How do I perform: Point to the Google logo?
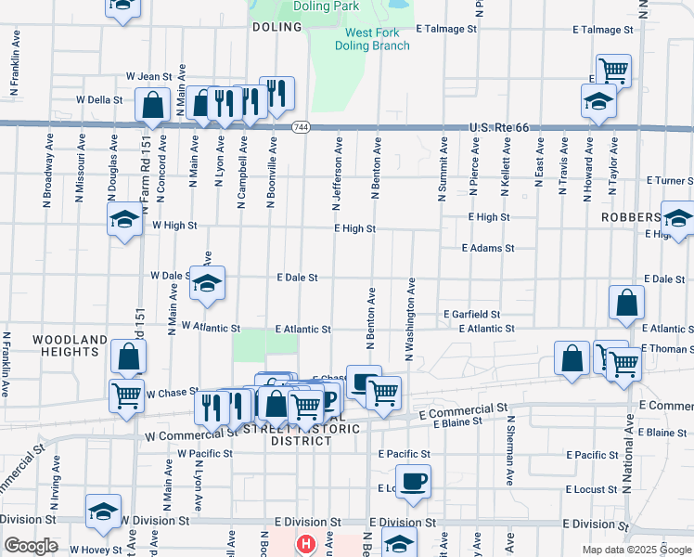(30, 546)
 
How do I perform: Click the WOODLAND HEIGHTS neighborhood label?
(70, 346)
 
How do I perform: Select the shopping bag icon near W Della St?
(152, 106)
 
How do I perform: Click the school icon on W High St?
(124, 221)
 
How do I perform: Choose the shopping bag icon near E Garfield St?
(627, 302)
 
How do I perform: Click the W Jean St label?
(149, 77)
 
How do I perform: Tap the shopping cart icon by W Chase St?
(126, 395)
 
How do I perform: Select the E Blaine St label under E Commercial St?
(452, 421)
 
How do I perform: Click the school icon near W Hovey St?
(103, 511)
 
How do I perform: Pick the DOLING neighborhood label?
(277, 28)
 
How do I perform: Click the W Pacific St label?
(204, 454)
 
